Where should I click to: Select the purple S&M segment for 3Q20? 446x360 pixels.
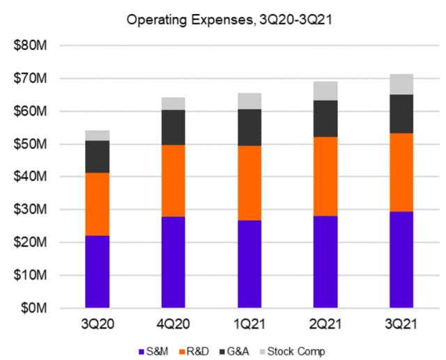click(x=97, y=272)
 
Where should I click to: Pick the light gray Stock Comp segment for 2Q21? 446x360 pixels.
click(x=325, y=91)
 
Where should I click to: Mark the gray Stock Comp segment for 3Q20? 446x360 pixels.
click(x=97, y=135)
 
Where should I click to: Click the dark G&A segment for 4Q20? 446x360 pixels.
click(x=174, y=127)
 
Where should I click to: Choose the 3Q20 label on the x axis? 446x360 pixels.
click(x=97, y=324)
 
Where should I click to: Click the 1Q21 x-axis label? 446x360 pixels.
click(x=249, y=324)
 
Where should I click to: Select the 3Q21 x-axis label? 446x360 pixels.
click(x=401, y=324)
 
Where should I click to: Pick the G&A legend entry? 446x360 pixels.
click(x=243, y=352)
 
